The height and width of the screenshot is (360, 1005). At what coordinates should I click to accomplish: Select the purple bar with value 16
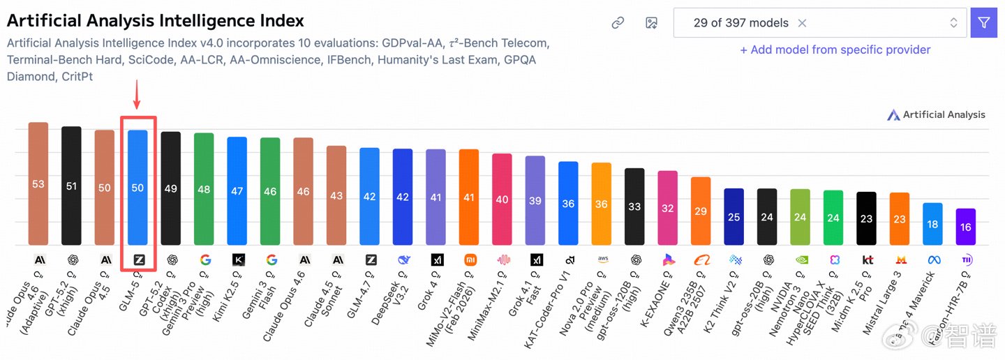(966, 227)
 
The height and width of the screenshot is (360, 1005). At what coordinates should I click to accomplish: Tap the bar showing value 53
(38, 183)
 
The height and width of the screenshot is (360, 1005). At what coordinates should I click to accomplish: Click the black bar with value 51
(71, 186)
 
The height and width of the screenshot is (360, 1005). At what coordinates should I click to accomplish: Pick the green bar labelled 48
(204, 188)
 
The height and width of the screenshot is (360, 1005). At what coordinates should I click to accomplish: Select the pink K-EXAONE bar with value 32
(667, 208)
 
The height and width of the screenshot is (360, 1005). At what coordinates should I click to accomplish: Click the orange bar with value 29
(701, 211)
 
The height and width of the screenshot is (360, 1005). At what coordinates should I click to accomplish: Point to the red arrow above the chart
(137, 96)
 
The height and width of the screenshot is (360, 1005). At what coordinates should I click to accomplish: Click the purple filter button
(983, 23)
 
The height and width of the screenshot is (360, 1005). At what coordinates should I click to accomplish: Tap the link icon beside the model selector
(618, 23)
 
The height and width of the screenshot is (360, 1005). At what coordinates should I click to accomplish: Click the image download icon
(651, 23)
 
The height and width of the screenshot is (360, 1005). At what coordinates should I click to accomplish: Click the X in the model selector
(802, 23)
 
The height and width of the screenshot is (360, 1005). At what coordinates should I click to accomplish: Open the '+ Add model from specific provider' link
(835, 50)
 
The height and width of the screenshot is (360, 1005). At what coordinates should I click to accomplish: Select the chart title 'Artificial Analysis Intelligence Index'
(156, 21)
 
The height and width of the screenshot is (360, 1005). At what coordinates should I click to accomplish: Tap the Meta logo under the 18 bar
(933, 260)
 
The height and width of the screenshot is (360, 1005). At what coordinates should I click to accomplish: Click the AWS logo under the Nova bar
(602, 260)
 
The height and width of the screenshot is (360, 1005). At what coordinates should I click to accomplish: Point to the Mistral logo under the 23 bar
(900, 260)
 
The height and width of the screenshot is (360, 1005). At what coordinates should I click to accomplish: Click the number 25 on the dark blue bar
(734, 217)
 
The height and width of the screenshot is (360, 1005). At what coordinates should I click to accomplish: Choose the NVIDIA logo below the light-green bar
(801, 260)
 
